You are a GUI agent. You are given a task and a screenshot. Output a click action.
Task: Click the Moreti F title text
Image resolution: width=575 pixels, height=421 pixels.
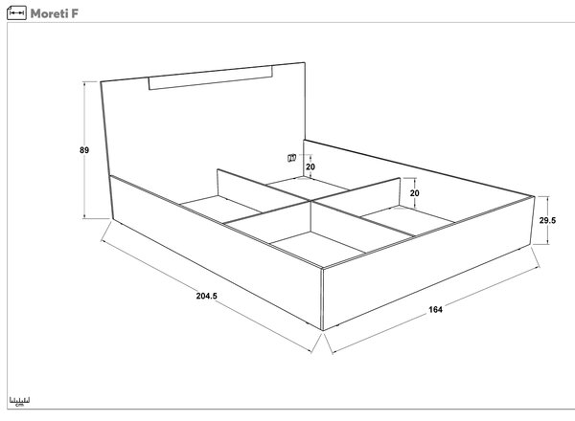click(55, 13)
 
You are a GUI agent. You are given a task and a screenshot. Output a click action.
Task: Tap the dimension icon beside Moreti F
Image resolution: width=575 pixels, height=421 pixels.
click(16, 13)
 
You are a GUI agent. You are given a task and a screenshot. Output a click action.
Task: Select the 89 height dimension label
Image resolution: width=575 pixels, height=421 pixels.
click(84, 150)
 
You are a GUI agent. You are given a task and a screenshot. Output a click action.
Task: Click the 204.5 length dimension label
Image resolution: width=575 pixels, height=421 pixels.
click(206, 296)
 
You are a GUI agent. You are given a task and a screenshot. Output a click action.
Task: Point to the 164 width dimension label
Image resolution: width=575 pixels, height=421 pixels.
click(435, 310)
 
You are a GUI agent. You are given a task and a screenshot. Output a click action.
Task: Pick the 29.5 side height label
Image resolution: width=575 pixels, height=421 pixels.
click(547, 220)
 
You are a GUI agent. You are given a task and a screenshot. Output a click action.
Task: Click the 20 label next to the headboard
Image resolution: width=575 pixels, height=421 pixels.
click(310, 166)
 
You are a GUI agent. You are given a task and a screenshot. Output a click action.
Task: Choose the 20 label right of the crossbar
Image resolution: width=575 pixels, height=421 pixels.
click(414, 193)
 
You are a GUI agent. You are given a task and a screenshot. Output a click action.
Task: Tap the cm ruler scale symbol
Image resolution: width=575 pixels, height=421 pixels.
click(19, 402)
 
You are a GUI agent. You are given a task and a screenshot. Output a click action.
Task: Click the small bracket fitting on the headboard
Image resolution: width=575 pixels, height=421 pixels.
click(291, 158)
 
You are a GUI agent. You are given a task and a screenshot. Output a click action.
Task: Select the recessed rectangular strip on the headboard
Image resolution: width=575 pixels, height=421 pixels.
click(211, 78)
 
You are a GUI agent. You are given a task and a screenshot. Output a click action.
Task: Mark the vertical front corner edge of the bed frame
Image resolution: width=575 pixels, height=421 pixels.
click(322, 299)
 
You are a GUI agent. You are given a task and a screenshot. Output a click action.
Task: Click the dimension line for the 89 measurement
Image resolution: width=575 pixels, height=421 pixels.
click(84, 150)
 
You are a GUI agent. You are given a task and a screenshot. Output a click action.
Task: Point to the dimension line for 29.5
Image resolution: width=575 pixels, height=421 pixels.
click(548, 220)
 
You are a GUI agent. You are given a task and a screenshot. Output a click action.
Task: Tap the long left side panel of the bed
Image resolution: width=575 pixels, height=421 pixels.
click(217, 252)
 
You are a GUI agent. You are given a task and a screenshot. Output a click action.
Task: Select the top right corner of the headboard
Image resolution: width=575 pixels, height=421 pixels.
click(305, 62)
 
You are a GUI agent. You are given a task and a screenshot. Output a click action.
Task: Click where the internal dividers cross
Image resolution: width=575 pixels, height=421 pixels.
click(310, 201)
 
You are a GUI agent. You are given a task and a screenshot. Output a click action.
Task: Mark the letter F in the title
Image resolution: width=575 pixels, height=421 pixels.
click(75, 13)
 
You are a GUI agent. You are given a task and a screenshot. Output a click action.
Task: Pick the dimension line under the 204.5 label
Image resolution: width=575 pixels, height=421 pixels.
click(206, 297)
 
